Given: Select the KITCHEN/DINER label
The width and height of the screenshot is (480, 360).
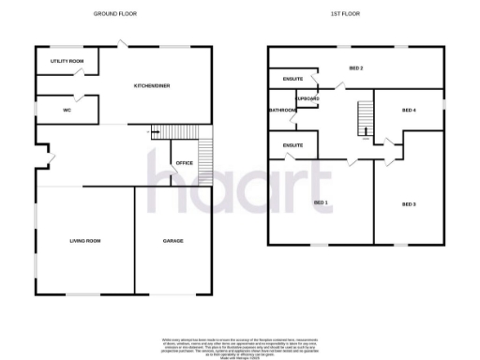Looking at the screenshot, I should [x=151, y=85].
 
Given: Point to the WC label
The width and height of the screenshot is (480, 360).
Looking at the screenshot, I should [x=67, y=111].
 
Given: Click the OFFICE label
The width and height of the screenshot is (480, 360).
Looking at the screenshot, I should [x=184, y=163].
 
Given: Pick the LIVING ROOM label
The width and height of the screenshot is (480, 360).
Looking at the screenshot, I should [x=84, y=241].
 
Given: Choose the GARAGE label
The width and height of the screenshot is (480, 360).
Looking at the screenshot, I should [x=173, y=241].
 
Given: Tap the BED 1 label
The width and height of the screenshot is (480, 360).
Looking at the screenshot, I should [x=321, y=202].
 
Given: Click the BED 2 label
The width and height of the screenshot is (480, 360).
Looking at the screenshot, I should [x=355, y=68].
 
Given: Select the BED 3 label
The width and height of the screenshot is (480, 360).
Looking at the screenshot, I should [x=409, y=203].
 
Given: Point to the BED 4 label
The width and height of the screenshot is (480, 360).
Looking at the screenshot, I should [x=408, y=111].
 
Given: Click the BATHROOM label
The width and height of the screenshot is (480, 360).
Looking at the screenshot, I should [x=282, y=111].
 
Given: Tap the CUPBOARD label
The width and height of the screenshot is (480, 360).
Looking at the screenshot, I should [x=307, y=98].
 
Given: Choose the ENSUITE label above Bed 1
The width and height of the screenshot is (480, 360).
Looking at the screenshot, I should [x=292, y=145].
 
